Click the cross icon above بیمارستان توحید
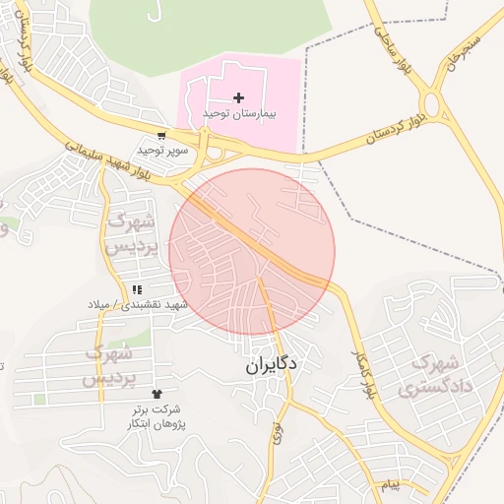[x=238, y=96]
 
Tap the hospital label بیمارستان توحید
[x=240, y=114]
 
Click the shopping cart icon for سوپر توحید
[x=161, y=136]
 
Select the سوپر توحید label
[x=161, y=151]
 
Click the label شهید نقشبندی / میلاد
[x=137, y=305]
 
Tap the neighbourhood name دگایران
[x=272, y=364]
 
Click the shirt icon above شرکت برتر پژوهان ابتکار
[x=157, y=394]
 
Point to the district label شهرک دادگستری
[x=437, y=374]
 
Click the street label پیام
[x=391, y=485]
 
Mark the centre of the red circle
[x=252, y=252]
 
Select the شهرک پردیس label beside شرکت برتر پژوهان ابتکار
[x=107, y=364]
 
